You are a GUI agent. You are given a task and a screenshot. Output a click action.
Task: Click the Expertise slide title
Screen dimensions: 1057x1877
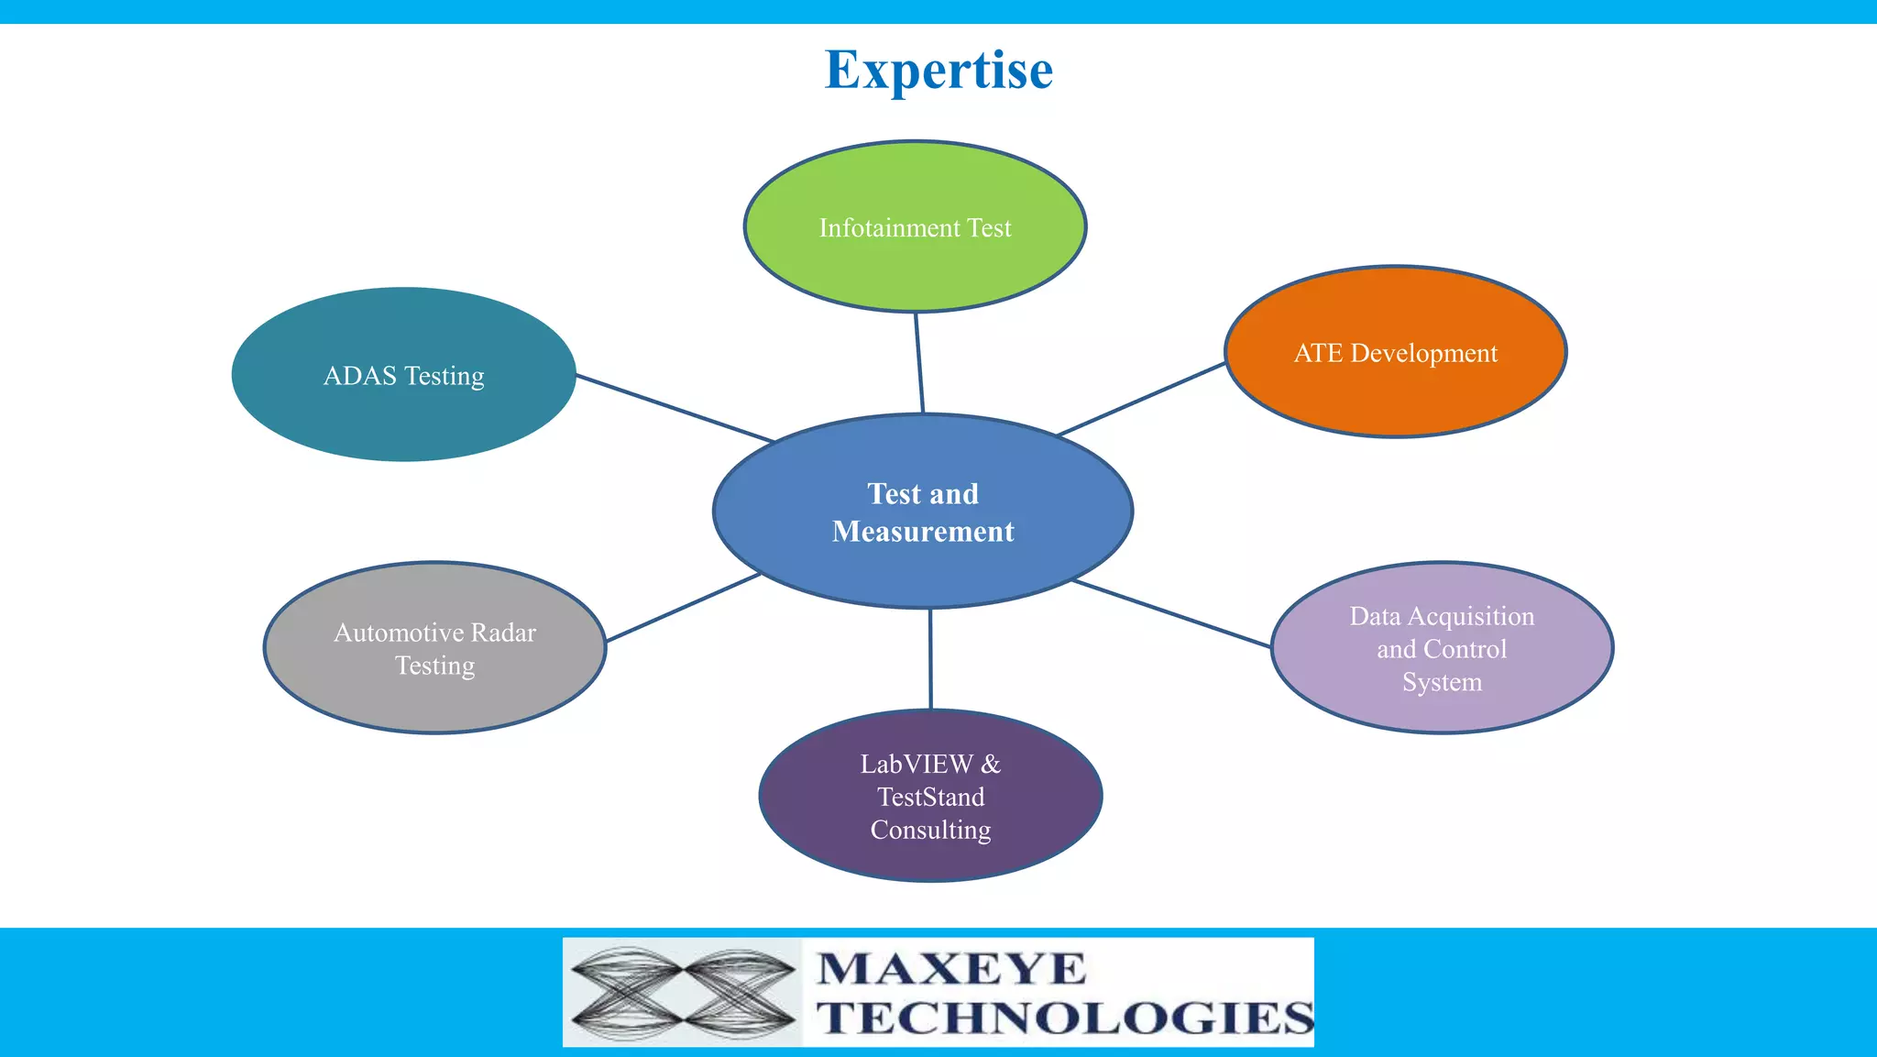pyautogui.click(x=938, y=71)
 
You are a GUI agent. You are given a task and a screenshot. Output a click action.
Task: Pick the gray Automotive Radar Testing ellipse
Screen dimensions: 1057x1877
pyautogui.click(x=434, y=697)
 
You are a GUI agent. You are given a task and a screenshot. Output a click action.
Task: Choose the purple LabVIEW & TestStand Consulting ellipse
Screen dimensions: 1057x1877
pyautogui.click(x=930, y=857)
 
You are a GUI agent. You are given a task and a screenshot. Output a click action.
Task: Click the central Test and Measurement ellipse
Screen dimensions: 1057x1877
pyautogui.click(x=923, y=568)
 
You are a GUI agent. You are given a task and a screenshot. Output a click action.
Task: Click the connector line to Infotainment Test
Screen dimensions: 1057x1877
pyautogui.click(x=919, y=363)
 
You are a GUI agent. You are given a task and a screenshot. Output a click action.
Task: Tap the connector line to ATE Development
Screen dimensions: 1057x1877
pyautogui.click(x=1141, y=399)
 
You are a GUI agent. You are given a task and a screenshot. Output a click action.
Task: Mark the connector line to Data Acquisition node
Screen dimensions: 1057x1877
pyautogui.click(x=1171, y=613)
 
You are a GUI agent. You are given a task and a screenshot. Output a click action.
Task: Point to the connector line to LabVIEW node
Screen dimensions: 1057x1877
pyautogui.click(x=930, y=658)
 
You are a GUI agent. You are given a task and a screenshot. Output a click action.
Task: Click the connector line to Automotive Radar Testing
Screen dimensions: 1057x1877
pyautogui.click(x=683, y=607)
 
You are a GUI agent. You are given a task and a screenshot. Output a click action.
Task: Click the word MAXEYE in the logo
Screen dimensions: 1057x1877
pyautogui.click(x=950, y=969)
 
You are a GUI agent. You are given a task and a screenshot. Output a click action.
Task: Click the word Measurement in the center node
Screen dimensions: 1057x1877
pyautogui.click(x=923, y=532)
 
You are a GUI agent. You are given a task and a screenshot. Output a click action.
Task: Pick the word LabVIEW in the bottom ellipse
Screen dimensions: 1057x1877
pyautogui.click(x=916, y=764)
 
